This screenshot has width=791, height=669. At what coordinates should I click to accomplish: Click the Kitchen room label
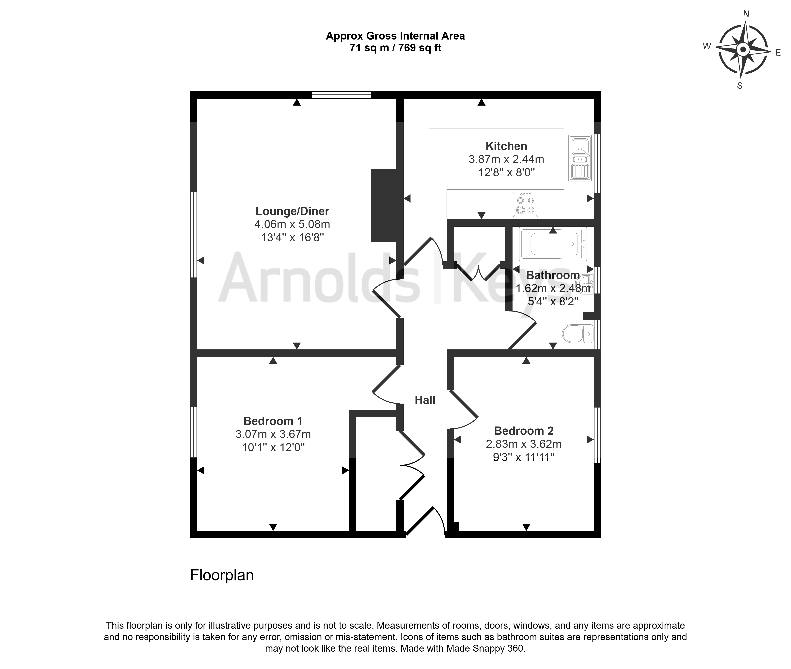pyautogui.click(x=506, y=146)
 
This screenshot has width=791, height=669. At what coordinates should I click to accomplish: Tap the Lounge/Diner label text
pyautogui.click(x=292, y=211)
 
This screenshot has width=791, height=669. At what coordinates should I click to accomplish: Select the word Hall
pyautogui.click(x=425, y=400)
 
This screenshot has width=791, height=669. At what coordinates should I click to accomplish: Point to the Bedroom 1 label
pyautogui.click(x=273, y=421)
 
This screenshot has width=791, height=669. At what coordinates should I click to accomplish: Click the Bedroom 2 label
pyautogui.click(x=524, y=431)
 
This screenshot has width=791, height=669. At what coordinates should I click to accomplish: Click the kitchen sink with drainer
pyautogui.click(x=580, y=158)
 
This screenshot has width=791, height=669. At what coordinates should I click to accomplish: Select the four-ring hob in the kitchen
pyautogui.click(x=525, y=204)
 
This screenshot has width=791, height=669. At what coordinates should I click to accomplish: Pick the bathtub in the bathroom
pyautogui.click(x=553, y=244)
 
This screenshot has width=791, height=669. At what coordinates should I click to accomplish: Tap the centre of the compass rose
pyautogui.click(x=743, y=49)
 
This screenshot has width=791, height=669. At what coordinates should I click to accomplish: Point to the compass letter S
pyautogui.click(x=739, y=86)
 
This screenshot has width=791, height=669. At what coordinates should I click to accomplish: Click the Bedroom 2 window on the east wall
pyautogui.click(x=597, y=435)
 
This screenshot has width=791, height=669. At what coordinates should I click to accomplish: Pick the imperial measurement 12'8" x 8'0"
pyautogui.click(x=506, y=173)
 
